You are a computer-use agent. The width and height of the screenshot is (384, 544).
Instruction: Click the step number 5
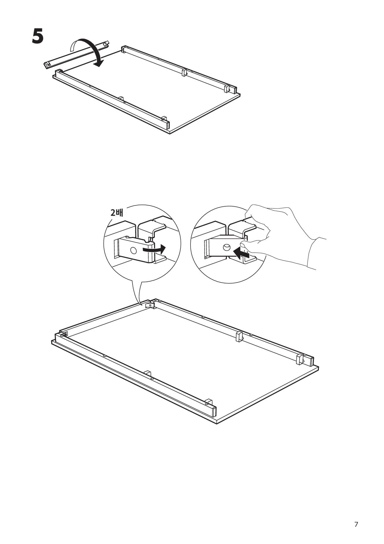[38, 37]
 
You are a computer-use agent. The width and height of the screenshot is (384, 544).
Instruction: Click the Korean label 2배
[117, 212]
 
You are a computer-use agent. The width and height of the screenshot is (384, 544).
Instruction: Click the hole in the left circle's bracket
[134, 250]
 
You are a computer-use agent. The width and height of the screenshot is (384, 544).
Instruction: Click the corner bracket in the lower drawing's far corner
[150, 304]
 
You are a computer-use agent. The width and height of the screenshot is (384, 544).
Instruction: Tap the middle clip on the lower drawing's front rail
[147, 374]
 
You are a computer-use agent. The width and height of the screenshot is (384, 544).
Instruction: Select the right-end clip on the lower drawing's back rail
[300, 359]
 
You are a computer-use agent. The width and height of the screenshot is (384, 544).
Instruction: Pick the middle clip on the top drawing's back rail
[184, 72]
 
